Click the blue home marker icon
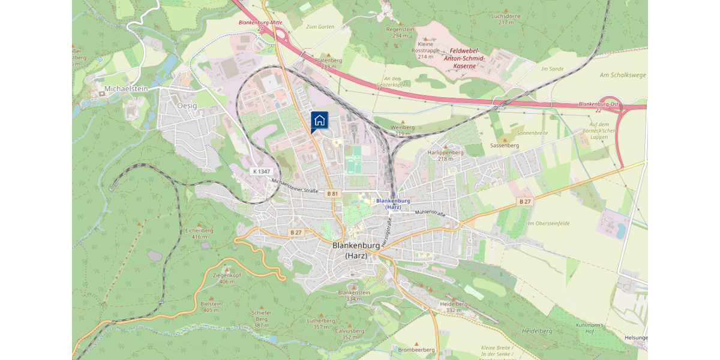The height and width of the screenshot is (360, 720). [319, 120]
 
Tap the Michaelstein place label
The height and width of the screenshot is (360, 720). [125, 88]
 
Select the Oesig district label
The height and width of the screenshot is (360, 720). [187, 104]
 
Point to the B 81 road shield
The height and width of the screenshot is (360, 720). [333, 194]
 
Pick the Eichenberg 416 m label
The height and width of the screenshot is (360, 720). [199, 233]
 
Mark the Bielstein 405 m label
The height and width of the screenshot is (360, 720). [211, 307]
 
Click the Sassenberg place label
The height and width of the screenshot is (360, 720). [504, 145]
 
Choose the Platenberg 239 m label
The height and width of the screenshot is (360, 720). [328, 63]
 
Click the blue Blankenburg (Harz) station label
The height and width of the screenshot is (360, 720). [393, 204]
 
